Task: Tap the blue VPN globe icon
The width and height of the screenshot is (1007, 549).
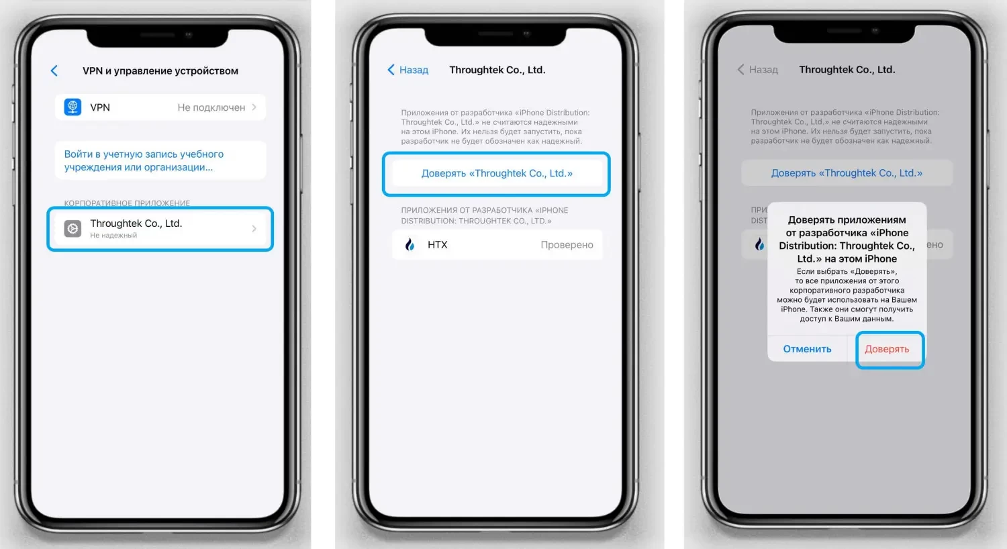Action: click(73, 107)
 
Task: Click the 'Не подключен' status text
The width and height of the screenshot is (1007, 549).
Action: click(211, 107)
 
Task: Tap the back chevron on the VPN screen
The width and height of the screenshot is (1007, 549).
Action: click(54, 70)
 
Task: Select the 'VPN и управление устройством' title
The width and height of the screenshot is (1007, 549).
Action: click(160, 70)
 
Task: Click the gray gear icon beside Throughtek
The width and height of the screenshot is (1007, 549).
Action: click(73, 228)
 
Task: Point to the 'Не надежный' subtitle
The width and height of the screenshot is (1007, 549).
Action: click(113, 235)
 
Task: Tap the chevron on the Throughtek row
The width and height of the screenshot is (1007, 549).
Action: click(254, 229)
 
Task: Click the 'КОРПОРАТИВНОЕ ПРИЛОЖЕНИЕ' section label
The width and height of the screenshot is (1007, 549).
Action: click(127, 203)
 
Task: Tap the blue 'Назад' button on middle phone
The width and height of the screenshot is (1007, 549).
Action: click(407, 70)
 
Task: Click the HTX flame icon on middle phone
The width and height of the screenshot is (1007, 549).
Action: click(410, 244)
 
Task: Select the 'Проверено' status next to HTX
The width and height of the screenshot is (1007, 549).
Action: click(567, 244)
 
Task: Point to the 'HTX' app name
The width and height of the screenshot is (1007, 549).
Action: click(438, 244)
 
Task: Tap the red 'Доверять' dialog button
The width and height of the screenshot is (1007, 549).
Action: click(887, 348)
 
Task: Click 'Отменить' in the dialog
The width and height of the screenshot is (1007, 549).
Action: click(807, 348)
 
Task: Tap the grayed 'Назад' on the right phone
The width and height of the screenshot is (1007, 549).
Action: click(757, 70)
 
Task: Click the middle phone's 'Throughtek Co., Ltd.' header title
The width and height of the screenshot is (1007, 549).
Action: click(497, 70)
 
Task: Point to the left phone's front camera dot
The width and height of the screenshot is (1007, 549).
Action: click(189, 35)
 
